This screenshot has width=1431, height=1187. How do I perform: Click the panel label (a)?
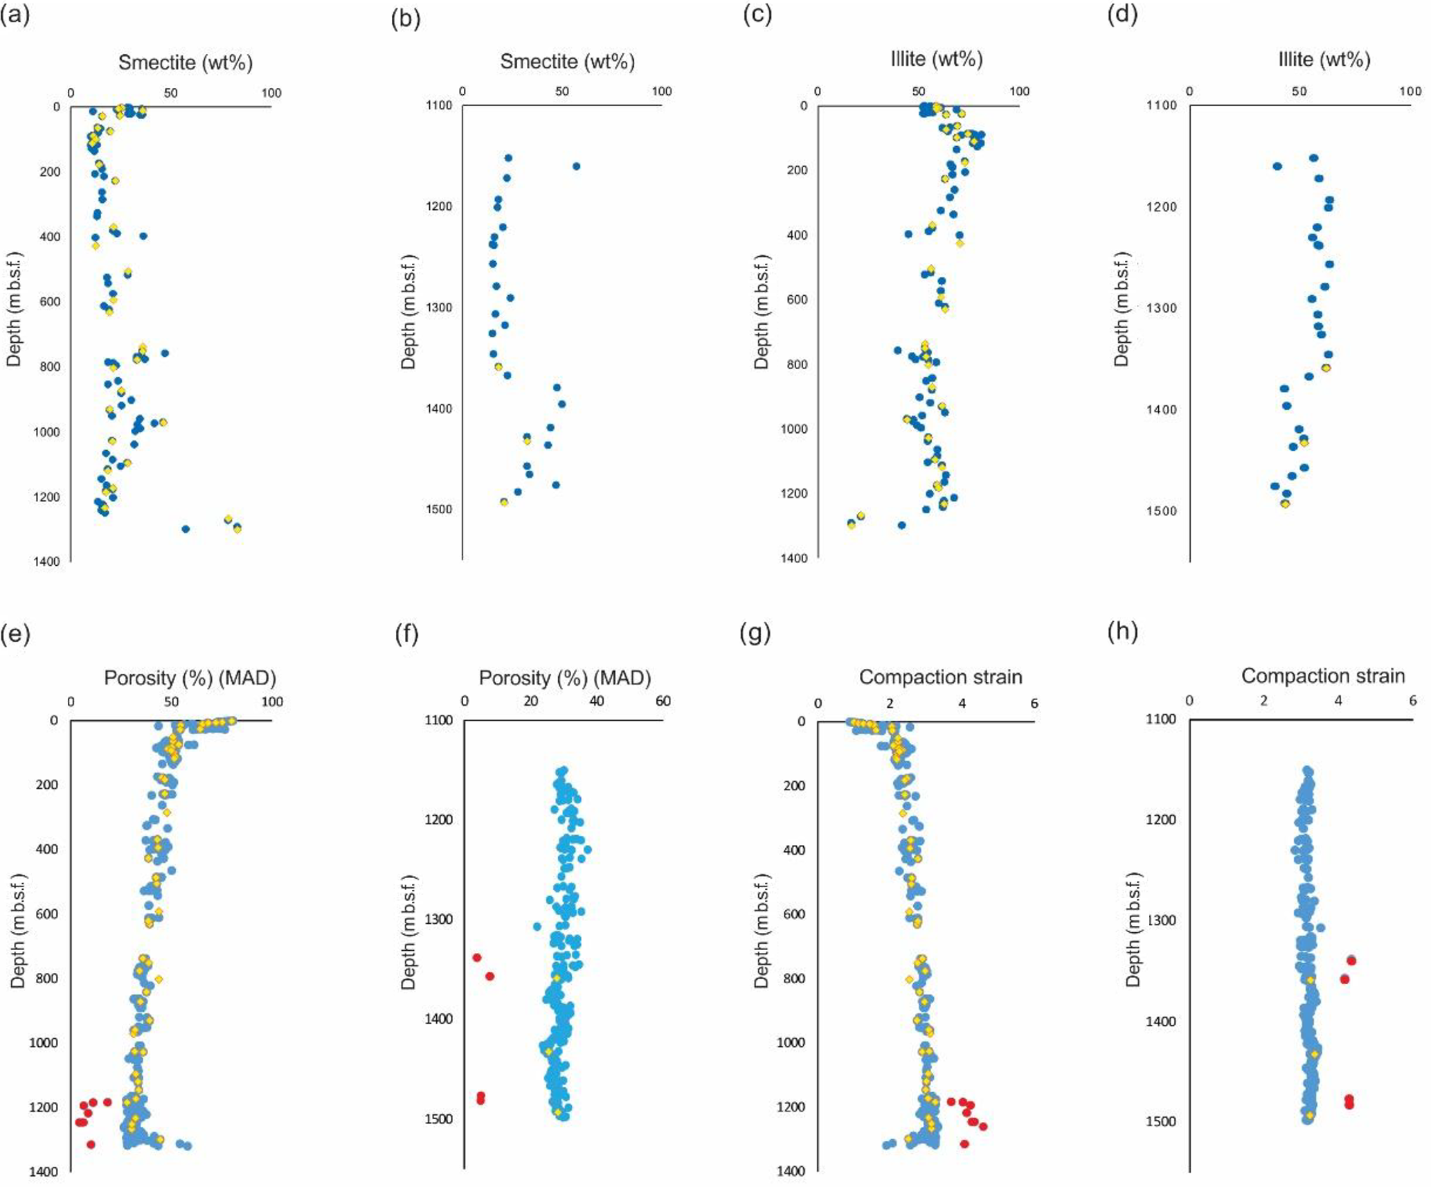point(15,15)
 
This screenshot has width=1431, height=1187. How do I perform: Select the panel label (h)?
point(1122,632)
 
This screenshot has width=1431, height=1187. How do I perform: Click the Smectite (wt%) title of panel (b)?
point(567,62)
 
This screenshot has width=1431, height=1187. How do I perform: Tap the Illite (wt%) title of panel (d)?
point(1324,60)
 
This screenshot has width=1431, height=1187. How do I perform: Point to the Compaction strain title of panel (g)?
point(940,677)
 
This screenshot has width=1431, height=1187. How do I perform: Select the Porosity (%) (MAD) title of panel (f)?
point(564,678)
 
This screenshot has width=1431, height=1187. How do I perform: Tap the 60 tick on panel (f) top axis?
point(663,702)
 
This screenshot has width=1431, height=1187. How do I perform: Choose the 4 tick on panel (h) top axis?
point(1338,701)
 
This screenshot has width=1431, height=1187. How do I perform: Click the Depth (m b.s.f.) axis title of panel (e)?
point(18,931)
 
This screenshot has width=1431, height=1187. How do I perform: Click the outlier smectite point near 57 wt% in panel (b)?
point(576,166)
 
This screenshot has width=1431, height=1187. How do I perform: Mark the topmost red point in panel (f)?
point(476,958)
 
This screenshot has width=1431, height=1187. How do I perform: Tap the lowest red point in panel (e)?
point(90,1145)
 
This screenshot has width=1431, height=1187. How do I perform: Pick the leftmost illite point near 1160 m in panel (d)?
point(1277,166)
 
